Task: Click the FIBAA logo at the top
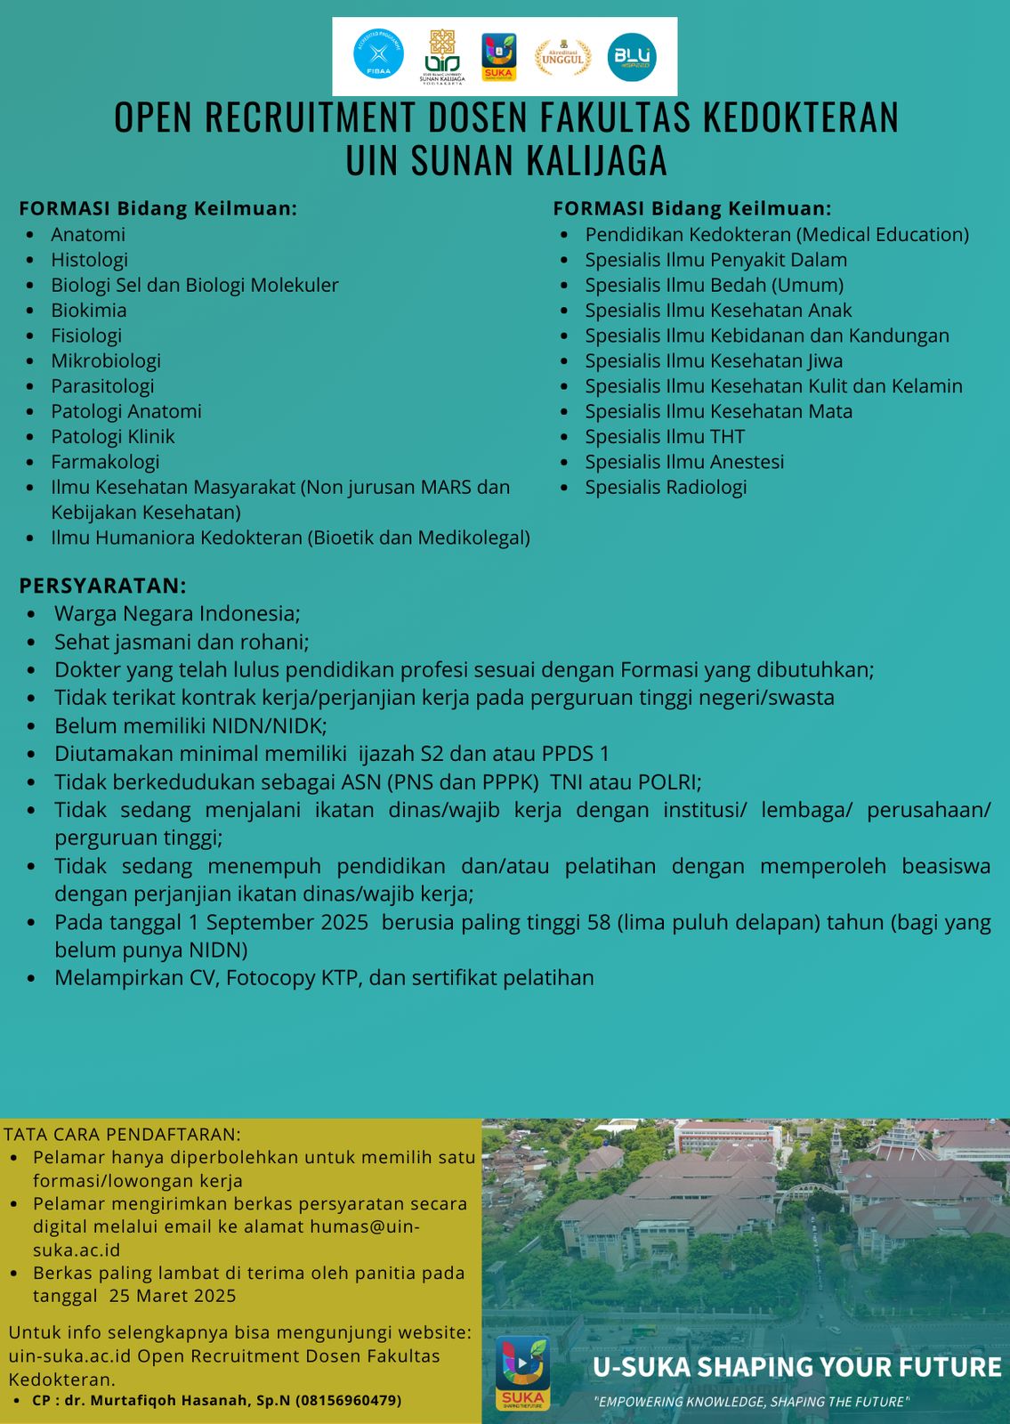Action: tap(378, 55)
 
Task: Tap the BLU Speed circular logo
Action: tap(632, 57)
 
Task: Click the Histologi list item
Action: tap(89, 260)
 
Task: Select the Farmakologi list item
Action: tap(105, 462)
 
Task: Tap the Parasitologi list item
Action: tap(102, 386)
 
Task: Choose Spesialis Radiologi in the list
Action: tap(666, 487)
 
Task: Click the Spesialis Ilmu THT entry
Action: tap(665, 437)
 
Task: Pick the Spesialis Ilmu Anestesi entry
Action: tap(684, 462)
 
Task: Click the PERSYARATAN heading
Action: tap(103, 586)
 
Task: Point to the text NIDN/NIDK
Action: tap(269, 725)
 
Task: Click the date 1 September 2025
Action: tap(278, 922)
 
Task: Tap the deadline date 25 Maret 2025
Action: tap(173, 1296)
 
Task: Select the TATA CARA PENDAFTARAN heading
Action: tap(123, 1135)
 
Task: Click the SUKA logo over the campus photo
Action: tap(522, 1372)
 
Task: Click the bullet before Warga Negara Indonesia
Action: tap(32, 614)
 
